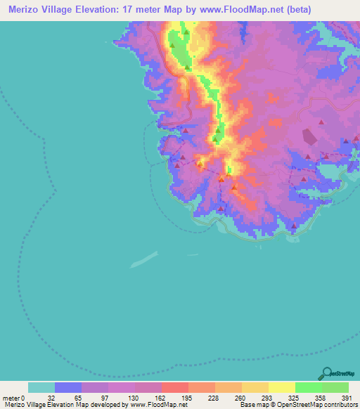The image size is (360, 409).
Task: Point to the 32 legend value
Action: pyautogui.click(x=51, y=397)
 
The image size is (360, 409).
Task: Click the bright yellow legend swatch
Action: pyautogui.click(x=281, y=387)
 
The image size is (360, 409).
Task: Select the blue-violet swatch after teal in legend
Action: pyautogui.click(x=68, y=387)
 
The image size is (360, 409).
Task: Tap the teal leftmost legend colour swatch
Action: pyautogui.click(x=41, y=387)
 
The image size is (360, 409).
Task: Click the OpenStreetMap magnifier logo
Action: pyautogui.click(x=327, y=373)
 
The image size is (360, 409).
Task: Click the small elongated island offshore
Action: pyautogui.click(x=144, y=259)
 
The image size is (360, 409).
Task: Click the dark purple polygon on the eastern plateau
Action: pyautogui.click(x=309, y=137)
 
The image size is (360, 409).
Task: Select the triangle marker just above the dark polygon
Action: pyautogui.click(x=321, y=122)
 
